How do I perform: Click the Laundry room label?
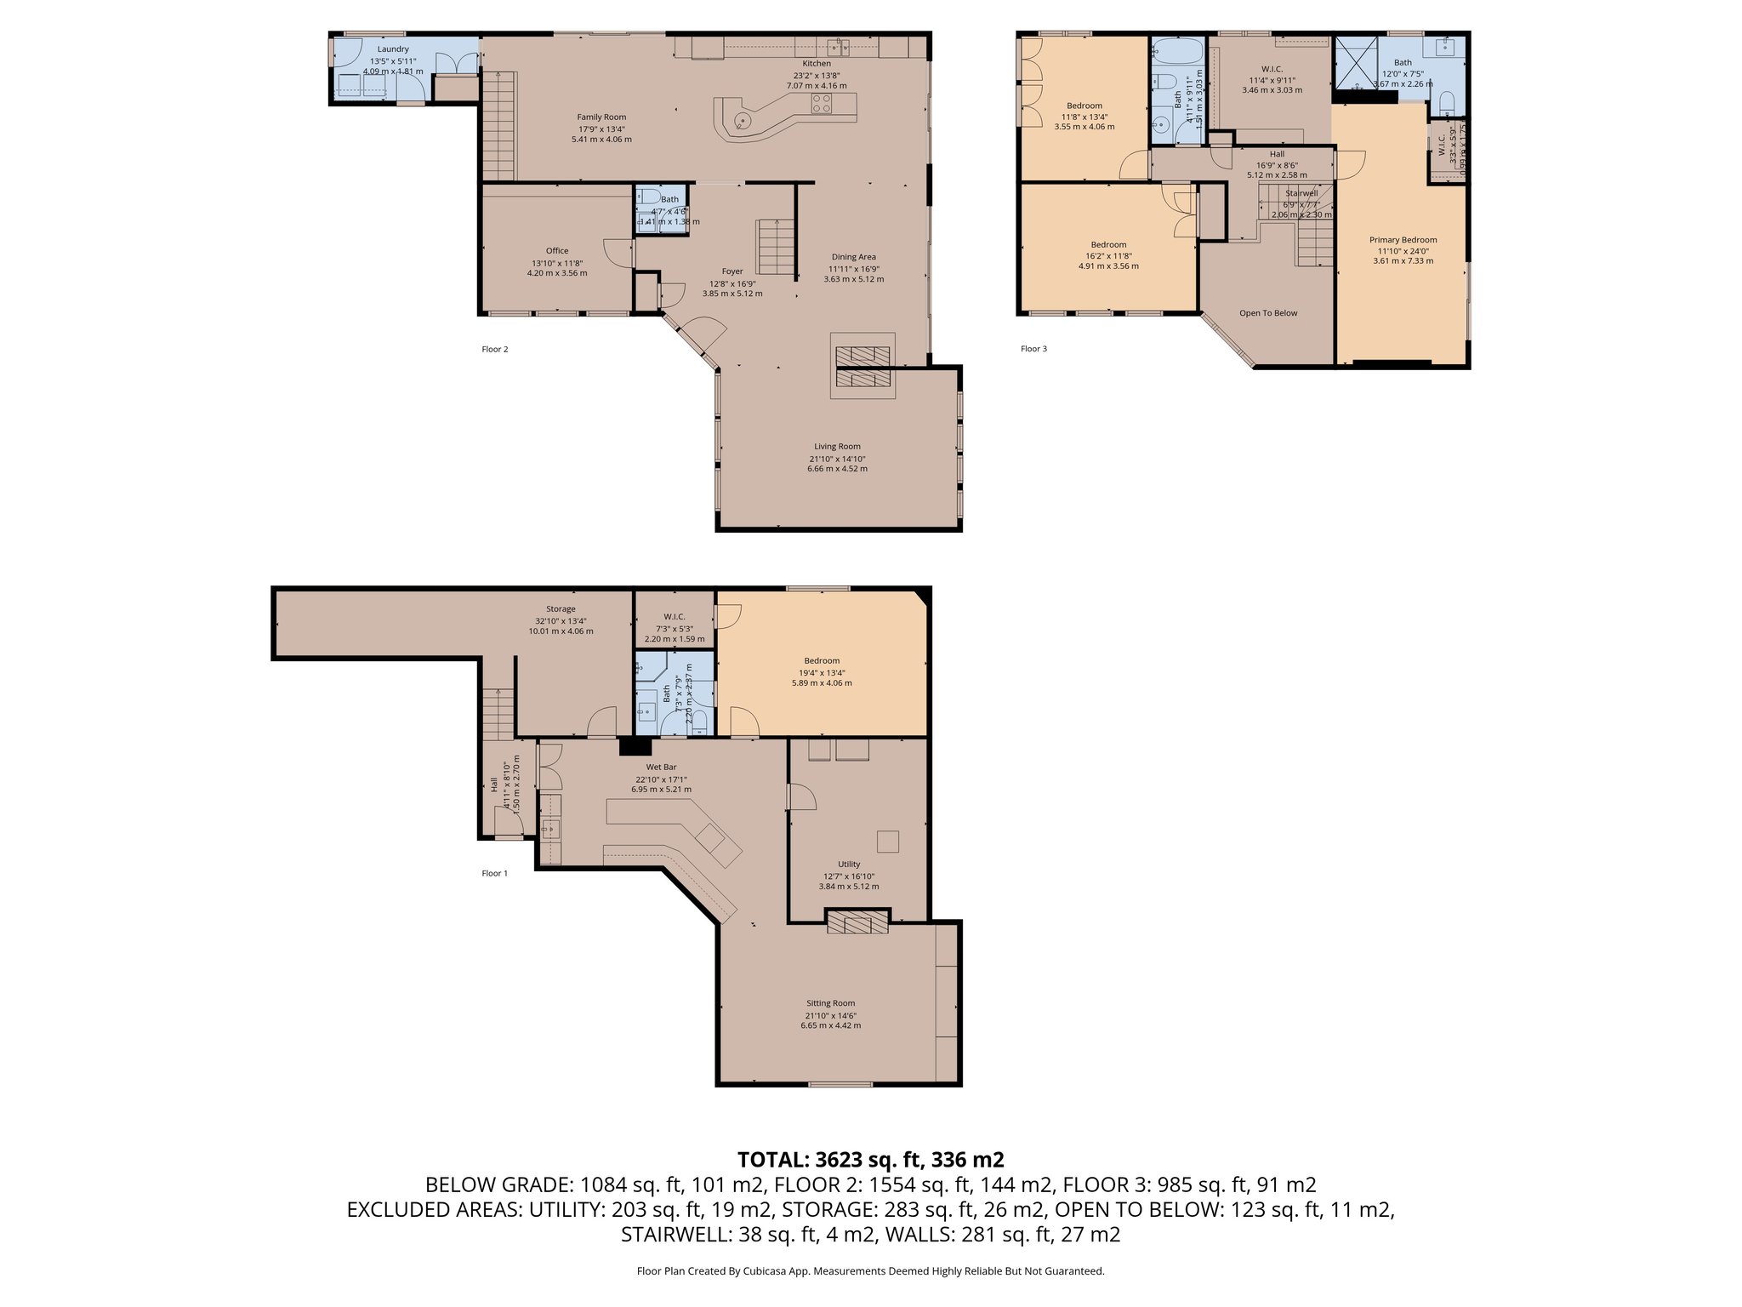pyautogui.click(x=393, y=49)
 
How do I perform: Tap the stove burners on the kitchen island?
pyautogui.click(x=821, y=104)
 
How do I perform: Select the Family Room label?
pyautogui.click(x=601, y=117)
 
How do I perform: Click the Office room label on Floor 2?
pyautogui.click(x=557, y=251)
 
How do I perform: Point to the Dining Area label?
pyautogui.click(x=853, y=257)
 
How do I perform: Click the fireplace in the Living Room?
pyautogui.click(x=863, y=366)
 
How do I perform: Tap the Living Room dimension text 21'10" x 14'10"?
pyautogui.click(x=837, y=459)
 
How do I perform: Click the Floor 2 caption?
pyautogui.click(x=494, y=349)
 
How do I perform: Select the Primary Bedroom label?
pyautogui.click(x=1403, y=240)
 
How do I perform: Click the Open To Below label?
pyautogui.click(x=1268, y=313)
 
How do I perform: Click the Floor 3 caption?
pyautogui.click(x=1033, y=349)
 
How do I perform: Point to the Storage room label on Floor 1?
pyautogui.click(x=561, y=609)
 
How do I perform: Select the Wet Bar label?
pyautogui.click(x=661, y=768)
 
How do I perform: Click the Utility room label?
pyautogui.click(x=848, y=865)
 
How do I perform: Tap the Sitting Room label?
pyautogui.click(x=830, y=1003)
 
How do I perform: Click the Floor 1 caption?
pyautogui.click(x=494, y=873)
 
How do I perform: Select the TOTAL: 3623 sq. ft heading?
pyautogui.click(x=870, y=1159)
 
